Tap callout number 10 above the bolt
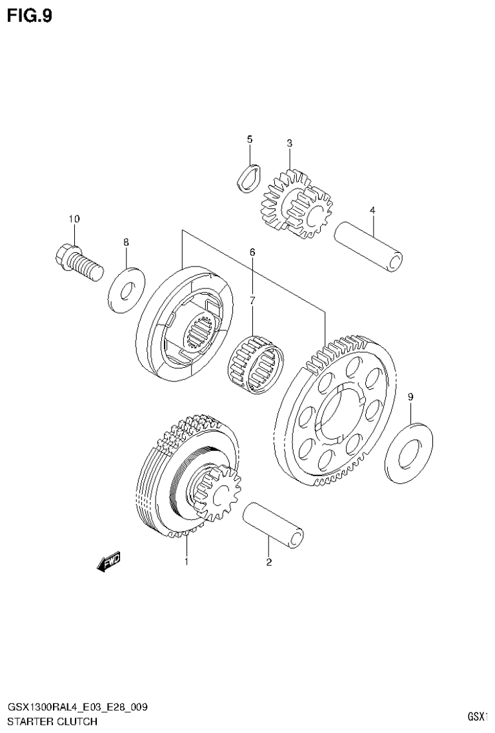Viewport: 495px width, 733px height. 74,219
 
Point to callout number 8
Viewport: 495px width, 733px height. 126,242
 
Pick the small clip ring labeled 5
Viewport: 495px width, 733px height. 248,176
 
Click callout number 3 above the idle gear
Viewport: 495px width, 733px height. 290,143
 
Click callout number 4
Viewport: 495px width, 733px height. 372,210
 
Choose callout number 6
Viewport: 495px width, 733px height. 252,252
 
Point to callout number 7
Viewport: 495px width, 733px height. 252,299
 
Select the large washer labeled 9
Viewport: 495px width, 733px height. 409,452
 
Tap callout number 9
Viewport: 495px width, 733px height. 410,397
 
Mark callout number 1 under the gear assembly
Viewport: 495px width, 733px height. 187,562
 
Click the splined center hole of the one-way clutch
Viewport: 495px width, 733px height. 199,333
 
